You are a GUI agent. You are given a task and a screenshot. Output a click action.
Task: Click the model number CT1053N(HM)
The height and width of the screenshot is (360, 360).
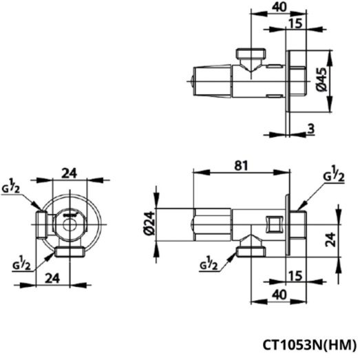[309, 344]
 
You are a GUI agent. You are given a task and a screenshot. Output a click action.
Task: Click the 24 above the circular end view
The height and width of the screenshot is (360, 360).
[70, 173]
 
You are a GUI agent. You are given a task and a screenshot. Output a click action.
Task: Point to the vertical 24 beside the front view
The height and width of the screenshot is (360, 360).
[330, 239]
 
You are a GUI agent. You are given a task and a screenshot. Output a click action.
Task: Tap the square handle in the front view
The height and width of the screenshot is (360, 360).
[273, 222]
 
